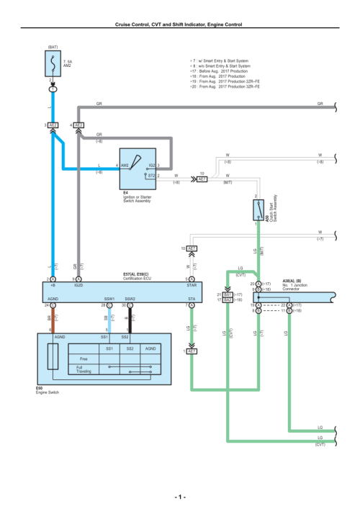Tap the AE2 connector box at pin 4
point(79,125)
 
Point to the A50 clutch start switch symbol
point(256,210)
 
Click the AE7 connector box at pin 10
point(202,179)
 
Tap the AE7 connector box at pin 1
point(192,351)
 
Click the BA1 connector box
point(228,294)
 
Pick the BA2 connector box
point(228,300)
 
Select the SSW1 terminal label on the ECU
point(109,298)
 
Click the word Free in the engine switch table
point(84,358)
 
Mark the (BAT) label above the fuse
point(53,47)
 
